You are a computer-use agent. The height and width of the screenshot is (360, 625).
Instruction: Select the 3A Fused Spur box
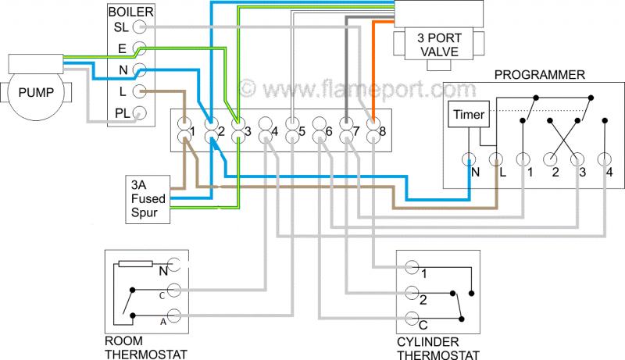148,198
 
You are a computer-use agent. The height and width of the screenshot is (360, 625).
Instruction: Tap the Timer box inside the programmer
468,116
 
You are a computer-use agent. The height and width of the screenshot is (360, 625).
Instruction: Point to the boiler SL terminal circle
140,27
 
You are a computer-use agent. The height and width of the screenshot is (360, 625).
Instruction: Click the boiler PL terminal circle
140,112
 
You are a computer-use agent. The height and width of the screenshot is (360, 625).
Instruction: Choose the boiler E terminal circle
140,48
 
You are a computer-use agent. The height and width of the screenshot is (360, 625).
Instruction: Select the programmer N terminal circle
469,161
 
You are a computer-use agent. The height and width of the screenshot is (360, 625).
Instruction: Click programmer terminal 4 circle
604,161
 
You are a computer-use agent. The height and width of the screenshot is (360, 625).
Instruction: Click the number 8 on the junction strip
382,132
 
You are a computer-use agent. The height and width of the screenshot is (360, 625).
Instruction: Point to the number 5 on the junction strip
301,132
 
